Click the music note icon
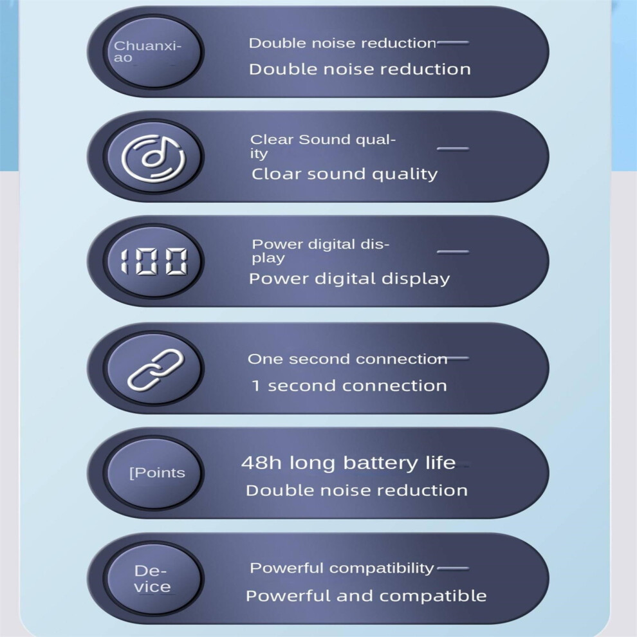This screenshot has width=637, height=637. coord(154,157)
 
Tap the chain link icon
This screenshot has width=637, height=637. coord(156,370)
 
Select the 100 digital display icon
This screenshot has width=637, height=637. coord(154,261)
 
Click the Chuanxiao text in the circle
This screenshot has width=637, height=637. coord(147,51)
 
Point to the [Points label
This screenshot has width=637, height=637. coord(157,473)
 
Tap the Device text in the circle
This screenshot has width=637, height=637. coord(152,578)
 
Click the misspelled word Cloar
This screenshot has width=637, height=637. coord(277,174)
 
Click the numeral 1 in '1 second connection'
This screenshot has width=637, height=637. coord(256,385)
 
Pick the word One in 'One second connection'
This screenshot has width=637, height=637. coord(264,359)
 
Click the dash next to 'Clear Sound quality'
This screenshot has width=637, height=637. coord(453,149)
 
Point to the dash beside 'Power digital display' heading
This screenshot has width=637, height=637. coord(453,252)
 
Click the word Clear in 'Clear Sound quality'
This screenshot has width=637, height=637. coord(272,140)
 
